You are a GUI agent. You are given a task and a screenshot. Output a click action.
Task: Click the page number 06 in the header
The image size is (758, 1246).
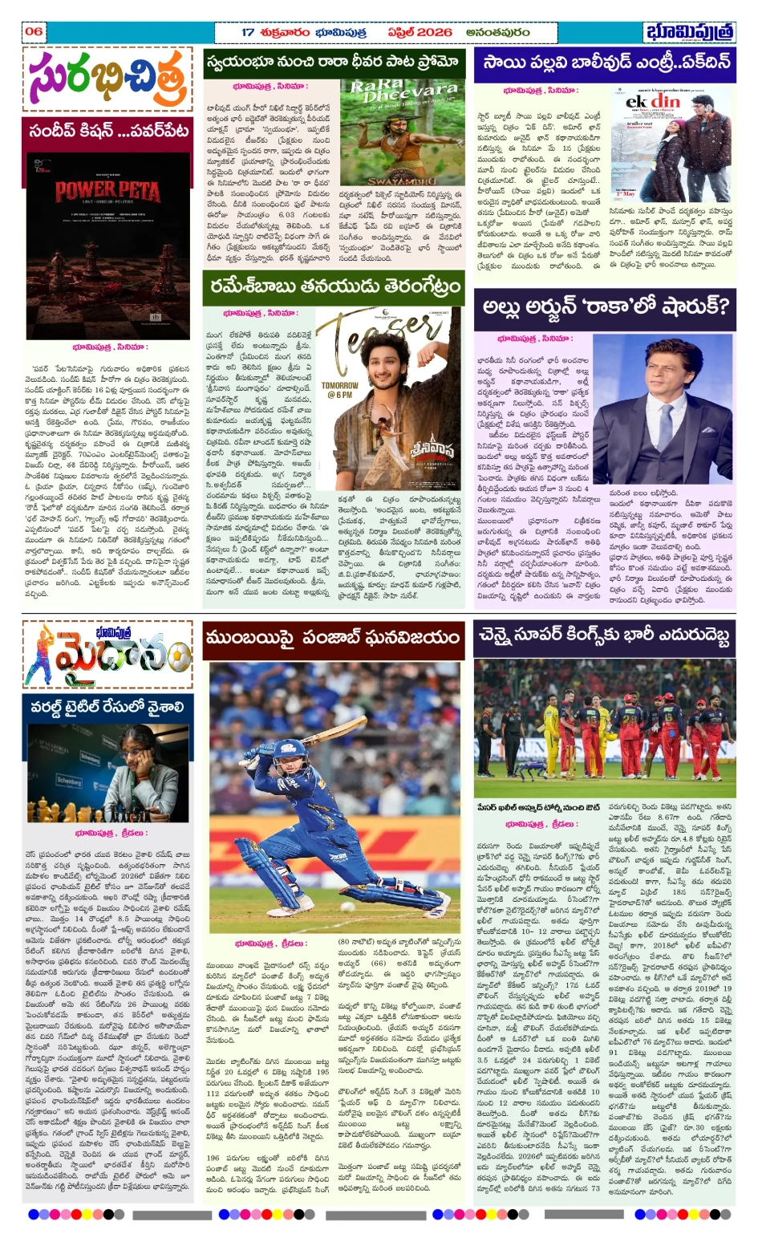click(x=34, y=32)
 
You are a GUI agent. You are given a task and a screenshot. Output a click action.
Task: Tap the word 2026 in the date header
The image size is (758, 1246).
click(x=432, y=32)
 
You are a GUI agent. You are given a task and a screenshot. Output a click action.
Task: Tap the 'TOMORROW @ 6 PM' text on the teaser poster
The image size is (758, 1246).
click(x=339, y=390)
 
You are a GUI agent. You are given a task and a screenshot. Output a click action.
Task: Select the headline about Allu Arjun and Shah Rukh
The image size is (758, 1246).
click(x=605, y=306)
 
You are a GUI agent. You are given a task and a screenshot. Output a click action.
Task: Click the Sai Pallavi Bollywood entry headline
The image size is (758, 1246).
click(x=604, y=63)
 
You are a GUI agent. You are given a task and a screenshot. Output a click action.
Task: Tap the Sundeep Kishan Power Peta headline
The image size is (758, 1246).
click(x=108, y=129)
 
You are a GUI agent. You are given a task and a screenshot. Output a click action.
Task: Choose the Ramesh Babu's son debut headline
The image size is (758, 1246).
click(x=334, y=286)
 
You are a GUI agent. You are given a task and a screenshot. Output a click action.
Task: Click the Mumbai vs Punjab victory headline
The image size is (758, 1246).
click(x=333, y=637)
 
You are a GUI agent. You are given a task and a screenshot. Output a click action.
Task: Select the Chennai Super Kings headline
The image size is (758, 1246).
click(x=604, y=636)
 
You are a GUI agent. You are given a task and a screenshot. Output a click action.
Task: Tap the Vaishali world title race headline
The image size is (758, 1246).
click(x=107, y=707)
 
